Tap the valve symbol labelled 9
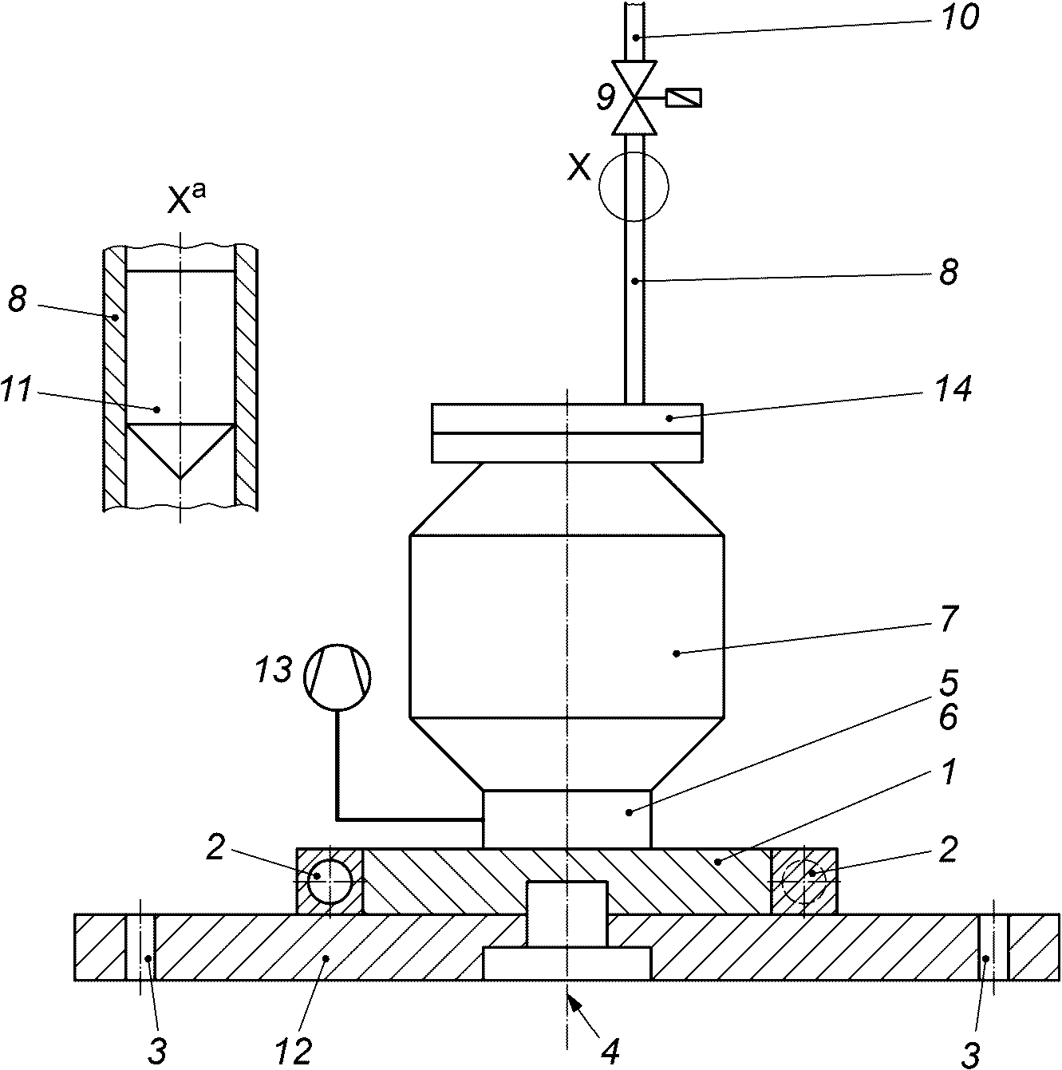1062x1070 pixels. coord(634,97)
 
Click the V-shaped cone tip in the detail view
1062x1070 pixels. coord(180,477)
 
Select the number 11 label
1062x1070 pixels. coord(15,389)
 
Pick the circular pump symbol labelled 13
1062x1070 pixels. coord(338,677)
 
